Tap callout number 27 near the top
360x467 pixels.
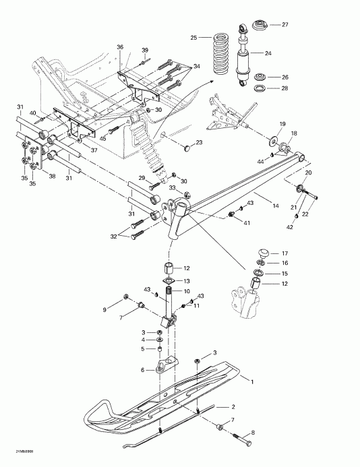pos(285,24)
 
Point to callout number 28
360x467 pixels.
pos(285,88)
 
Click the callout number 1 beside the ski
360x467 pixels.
pos(252,381)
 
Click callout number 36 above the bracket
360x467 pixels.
pos(120,47)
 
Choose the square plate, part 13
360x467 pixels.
pos(169,280)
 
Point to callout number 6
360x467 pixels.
pos(142,370)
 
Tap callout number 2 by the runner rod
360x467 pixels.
pos(233,407)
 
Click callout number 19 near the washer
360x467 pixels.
pos(282,123)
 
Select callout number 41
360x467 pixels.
pos(247,222)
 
